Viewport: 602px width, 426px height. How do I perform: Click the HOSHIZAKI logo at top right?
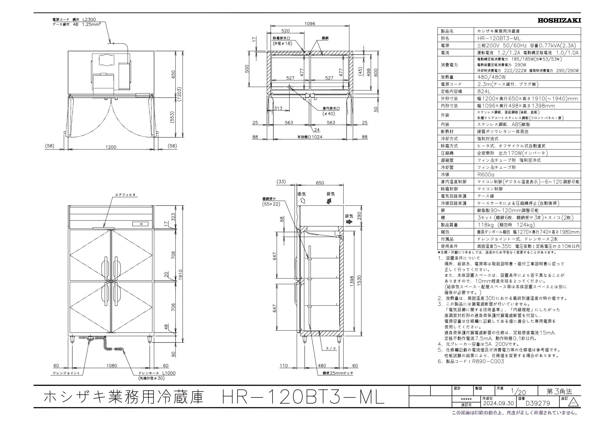pos(559,20)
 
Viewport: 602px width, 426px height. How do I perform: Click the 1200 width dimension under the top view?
pos(111,147)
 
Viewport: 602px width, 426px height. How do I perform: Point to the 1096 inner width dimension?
pos(310,24)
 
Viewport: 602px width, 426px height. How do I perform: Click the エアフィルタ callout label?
pos(125,195)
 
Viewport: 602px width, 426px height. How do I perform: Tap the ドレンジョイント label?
pos(66,373)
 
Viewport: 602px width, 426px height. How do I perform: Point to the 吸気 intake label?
pos(301,194)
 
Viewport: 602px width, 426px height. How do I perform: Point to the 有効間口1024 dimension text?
pos(310,137)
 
